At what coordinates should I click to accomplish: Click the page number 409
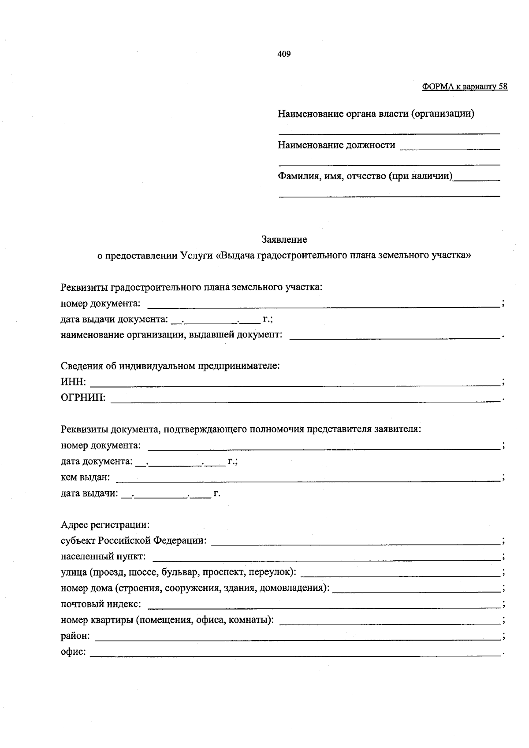284,54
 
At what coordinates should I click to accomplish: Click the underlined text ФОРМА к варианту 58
464,87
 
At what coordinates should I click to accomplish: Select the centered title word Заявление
284,240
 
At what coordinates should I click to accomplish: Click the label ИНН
73,382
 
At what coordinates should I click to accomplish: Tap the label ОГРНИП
83,398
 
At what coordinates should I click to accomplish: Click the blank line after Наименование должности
450,148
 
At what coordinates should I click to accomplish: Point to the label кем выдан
85,477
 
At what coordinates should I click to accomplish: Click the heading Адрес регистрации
105,525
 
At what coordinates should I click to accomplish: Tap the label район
75,636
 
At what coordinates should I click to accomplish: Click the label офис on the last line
73,652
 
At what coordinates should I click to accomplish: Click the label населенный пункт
103,556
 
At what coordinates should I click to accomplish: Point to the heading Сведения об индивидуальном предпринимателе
170,366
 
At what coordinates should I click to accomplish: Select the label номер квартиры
97,620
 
